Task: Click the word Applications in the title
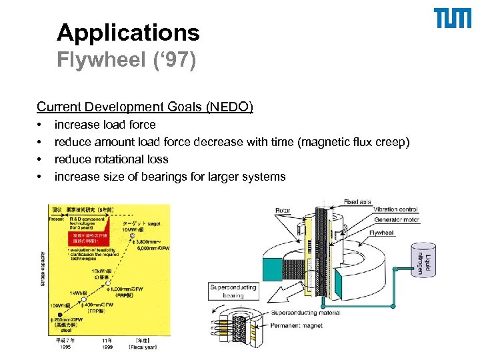tap(128, 32)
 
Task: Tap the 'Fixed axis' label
tap(357, 201)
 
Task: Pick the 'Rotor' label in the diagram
tap(283, 211)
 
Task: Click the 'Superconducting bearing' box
tap(233, 291)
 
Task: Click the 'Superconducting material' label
tap(306, 312)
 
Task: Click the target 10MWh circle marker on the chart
tap(133, 235)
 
